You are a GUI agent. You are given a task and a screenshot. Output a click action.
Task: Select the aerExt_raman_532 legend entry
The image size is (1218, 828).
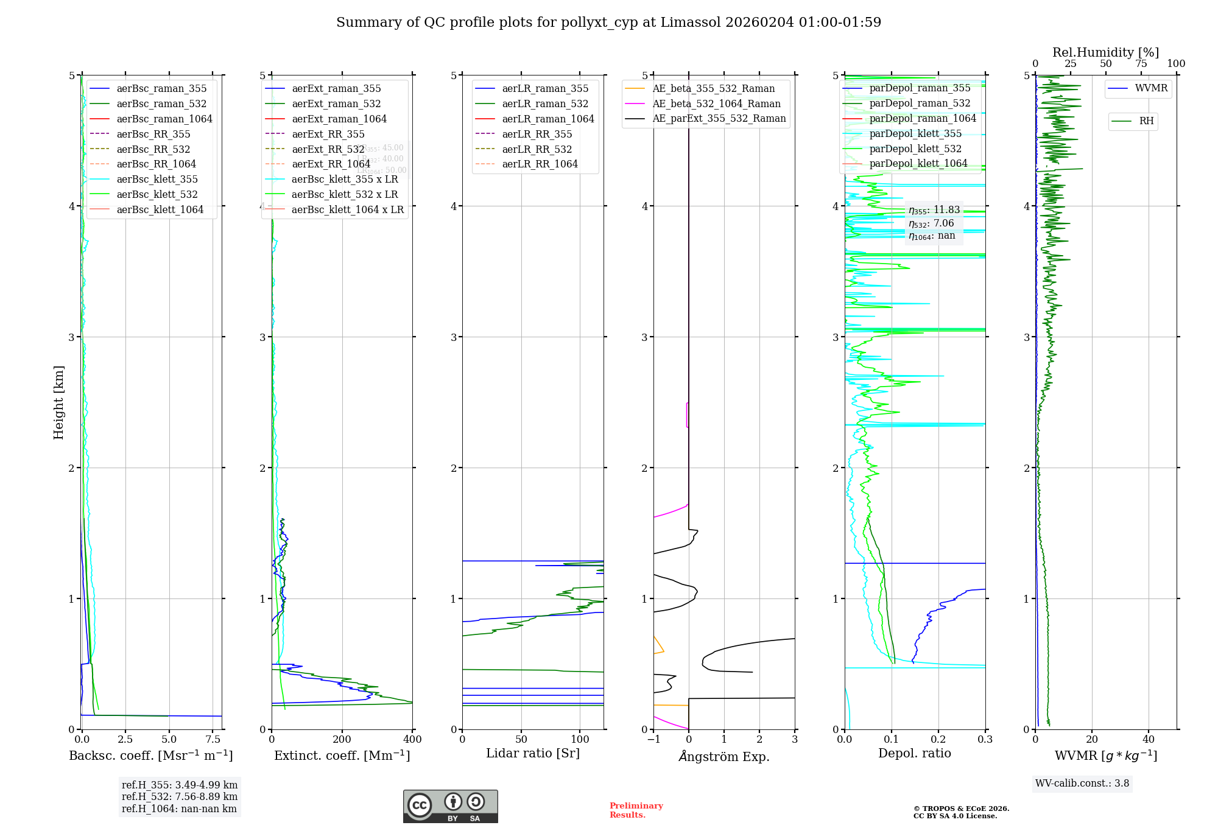pyautogui.click(x=336, y=103)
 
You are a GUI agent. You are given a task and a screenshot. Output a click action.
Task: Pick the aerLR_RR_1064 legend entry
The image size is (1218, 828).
pyautogui.click(x=540, y=164)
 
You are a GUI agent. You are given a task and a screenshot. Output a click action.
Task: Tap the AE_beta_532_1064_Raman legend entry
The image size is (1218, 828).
pyautogui.click(x=716, y=103)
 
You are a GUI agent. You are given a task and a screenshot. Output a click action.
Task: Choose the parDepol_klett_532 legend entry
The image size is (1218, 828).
pyautogui.click(x=915, y=149)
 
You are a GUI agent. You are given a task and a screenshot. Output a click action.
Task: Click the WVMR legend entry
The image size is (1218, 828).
pyautogui.click(x=1151, y=88)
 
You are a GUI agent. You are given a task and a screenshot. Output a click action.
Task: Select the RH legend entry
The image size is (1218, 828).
pyautogui.click(x=1146, y=121)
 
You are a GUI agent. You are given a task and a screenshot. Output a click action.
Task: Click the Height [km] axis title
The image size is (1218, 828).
pyautogui.click(x=58, y=402)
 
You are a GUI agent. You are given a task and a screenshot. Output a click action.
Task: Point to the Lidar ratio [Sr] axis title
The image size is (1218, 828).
pyautogui.click(x=533, y=753)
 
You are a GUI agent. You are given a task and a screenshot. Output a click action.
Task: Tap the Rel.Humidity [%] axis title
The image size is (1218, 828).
pyautogui.click(x=1105, y=52)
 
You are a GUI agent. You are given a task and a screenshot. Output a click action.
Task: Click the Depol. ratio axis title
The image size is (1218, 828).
pyautogui.click(x=914, y=753)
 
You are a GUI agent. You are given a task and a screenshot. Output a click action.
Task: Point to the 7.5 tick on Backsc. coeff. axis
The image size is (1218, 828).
pyautogui.click(x=213, y=739)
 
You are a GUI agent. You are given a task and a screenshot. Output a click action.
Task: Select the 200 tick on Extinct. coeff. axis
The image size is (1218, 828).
pyautogui.click(x=342, y=739)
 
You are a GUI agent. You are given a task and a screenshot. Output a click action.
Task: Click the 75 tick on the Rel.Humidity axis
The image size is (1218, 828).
pyautogui.click(x=1141, y=63)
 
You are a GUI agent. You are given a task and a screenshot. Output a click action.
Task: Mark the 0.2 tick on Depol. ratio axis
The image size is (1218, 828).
pyautogui.click(x=938, y=739)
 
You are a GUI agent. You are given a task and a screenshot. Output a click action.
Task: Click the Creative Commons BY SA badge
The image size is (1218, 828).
pyautogui.click(x=450, y=806)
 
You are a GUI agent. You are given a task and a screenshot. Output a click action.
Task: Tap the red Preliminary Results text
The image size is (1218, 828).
pyautogui.click(x=636, y=810)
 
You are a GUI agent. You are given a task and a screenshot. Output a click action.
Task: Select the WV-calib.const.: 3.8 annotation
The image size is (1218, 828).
pyautogui.click(x=1082, y=783)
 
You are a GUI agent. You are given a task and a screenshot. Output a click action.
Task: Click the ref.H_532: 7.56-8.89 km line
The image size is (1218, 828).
pyautogui.click(x=180, y=796)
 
